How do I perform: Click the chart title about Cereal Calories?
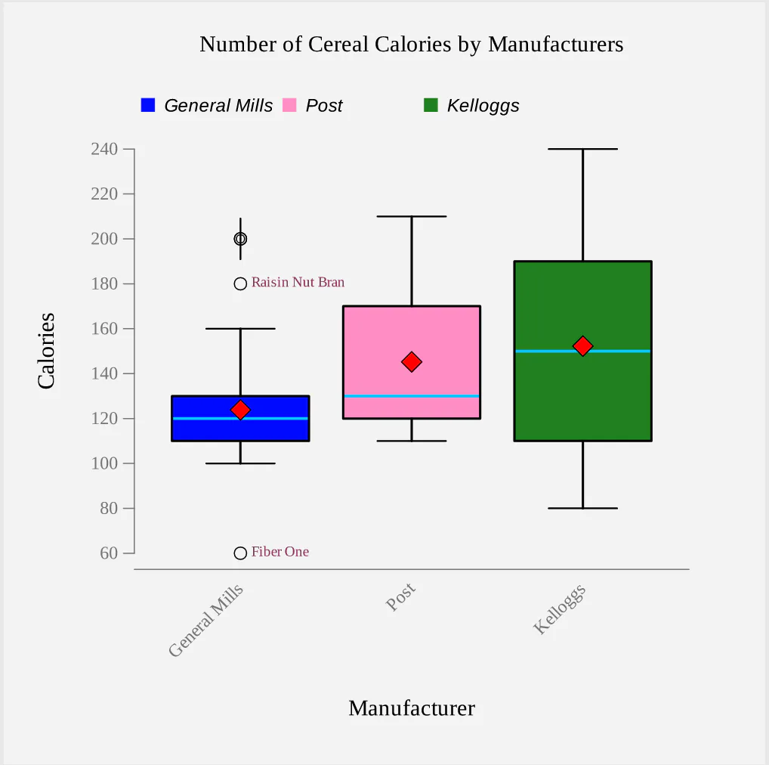point(411,45)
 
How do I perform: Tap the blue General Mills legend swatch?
point(148,105)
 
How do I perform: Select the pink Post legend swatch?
point(289,105)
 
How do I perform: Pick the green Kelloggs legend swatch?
point(431,105)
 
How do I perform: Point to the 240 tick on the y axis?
point(104,150)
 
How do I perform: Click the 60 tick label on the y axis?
point(109,553)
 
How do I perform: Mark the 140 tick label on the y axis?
point(104,374)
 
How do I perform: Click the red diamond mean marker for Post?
point(412,362)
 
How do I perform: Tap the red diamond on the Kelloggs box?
point(582,346)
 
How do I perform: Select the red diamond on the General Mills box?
point(240,410)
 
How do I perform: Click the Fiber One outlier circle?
point(240,553)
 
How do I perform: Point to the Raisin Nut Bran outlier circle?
point(240,284)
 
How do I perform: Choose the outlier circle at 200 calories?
point(240,239)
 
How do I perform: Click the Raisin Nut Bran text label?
point(298,283)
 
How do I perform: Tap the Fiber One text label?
point(280,553)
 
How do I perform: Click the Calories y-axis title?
point(47,351)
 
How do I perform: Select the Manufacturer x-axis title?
point(412,708)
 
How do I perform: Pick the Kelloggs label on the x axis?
point(561,609)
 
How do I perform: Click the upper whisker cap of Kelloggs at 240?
point(582,150)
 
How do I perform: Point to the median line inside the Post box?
point(412,396)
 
